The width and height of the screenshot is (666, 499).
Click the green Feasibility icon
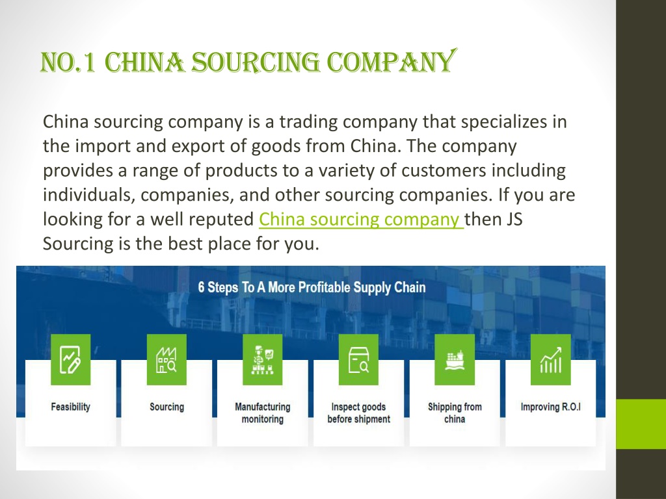coord(70,359)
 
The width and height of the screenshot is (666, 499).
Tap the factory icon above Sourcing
coord(166,359)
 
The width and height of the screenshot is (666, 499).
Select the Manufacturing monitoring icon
coord(263,359)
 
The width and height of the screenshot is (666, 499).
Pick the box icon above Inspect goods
coord(358,359)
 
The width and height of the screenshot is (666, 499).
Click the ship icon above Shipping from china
coord(455,359)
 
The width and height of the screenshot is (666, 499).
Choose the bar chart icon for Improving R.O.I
coord(550,359)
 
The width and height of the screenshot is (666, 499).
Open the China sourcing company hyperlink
coord(361,219)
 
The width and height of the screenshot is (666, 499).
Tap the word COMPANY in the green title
coord(390,61)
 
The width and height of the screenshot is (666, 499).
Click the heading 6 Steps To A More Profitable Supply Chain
coord(312,287)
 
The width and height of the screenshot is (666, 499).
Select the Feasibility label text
coord(70,407)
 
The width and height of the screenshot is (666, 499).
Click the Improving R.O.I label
coord(550,407)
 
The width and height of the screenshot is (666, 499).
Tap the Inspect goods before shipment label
coord(358,413)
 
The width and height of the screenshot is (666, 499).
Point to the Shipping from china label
coord(455,413)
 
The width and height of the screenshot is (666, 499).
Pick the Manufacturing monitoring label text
coord(263,413)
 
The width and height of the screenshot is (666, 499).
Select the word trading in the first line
coord(308,122)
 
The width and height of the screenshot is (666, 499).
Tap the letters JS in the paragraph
coord(514,220)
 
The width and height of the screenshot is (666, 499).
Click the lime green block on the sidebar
coord(641,424)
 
